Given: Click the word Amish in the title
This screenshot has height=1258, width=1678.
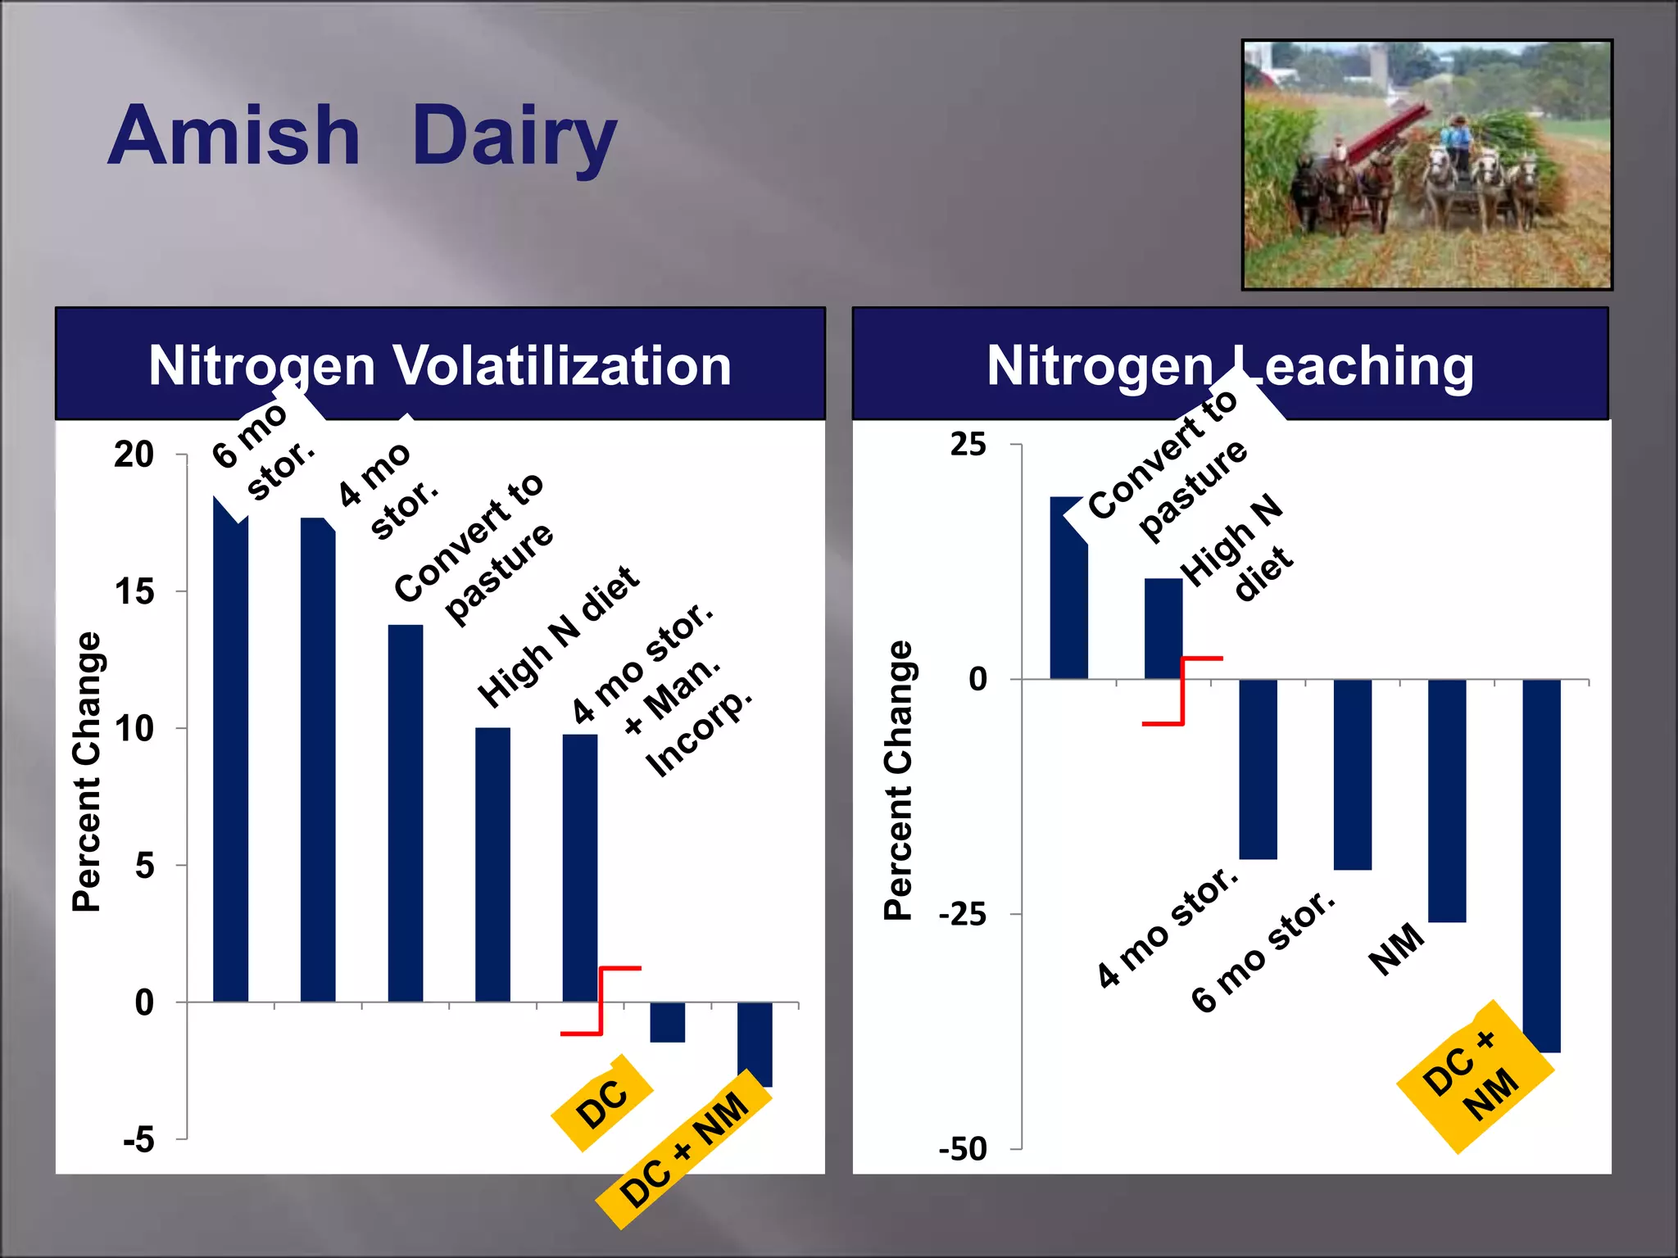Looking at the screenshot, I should pyautogui.click(x=234, y=136).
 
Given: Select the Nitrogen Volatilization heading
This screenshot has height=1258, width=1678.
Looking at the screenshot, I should pyautogui.click(x=440, y=365).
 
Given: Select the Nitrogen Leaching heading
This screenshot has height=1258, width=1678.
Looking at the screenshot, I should pyautogui.click(x=1230, y=365).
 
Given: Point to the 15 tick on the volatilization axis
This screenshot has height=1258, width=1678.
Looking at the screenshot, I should pyautogui.click(x=134, y=591).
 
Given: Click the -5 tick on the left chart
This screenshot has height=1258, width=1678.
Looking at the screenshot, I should pyautogui.click(x=138, y=1139).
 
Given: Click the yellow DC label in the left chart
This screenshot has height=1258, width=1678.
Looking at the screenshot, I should pyautogui.click(x=602, y=1103).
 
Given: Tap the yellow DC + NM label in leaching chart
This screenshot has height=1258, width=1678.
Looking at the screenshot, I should pyautogui.click(x=1476, y=1077).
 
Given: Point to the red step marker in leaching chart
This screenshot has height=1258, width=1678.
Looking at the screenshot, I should pyautogui.click(x=1182, y=691).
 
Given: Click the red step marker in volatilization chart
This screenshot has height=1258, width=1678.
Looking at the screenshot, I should pyautogui.click(x=601, y=1001).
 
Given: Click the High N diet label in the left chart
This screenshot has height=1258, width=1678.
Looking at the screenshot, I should pyautogui.click(x=558, y=637).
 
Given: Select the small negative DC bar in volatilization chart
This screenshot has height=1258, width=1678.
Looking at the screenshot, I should pyautogui.click(x=668, y=1022).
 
